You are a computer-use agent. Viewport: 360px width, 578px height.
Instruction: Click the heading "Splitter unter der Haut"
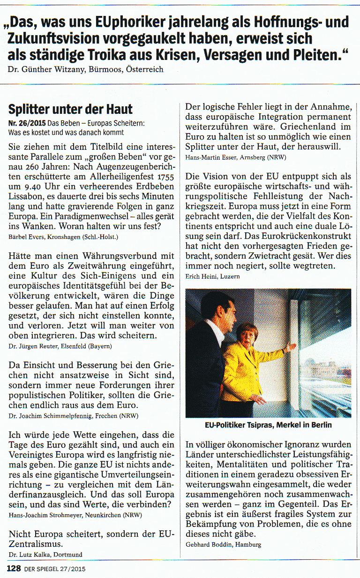pos(70,110)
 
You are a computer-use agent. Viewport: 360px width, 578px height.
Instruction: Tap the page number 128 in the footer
pos(14,569)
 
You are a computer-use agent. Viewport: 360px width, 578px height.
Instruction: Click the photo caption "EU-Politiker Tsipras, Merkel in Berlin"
pos(268,425)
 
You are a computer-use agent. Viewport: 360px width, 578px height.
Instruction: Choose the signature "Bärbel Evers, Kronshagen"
pos(64,237)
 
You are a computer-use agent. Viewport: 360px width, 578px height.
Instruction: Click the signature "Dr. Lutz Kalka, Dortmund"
pos(45,555)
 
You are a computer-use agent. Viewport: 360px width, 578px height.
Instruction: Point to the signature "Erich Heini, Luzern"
pos(212,276)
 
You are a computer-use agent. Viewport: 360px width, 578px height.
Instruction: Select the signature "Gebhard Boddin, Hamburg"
pos(223,544)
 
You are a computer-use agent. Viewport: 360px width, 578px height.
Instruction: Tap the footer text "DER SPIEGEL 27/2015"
pos(55,570)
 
